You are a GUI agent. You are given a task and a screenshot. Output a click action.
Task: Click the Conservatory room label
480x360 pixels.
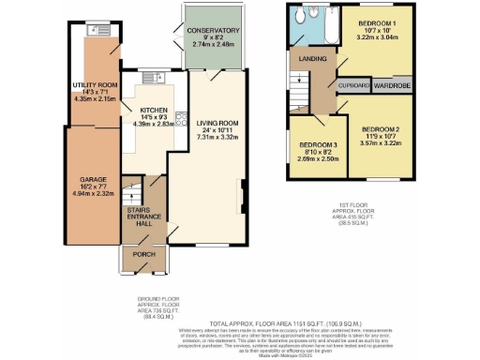pyautogui.click(x=215, y=31)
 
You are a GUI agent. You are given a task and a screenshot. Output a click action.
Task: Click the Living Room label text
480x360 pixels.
pyautogui.click(x=217, y=123)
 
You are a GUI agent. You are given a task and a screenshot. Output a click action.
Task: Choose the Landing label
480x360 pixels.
pyautogui.click(x=311, y=59)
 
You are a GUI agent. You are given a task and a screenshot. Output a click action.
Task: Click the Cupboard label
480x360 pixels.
pyautogui.click(x=352, y=82)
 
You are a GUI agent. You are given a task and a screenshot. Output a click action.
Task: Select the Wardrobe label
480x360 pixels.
pyautogui.click(x=392, y=82)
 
